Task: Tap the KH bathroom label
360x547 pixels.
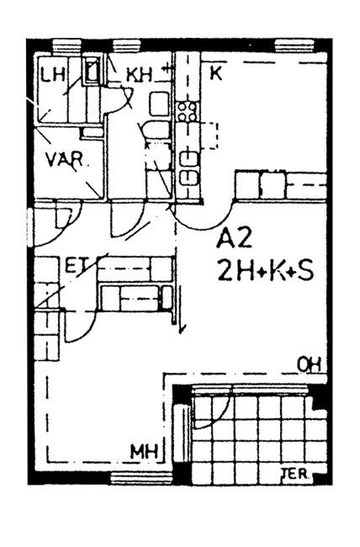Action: tap(139, 75)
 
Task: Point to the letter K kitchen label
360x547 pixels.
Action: tap(216, 73)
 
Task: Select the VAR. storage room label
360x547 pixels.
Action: tap(65, 159)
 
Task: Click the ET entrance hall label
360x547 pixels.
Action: tap(77, 265)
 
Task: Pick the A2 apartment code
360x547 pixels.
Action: tap(234, 239)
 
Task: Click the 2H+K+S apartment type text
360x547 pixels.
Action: tap(265, 272)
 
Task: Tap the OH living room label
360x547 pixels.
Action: tap(309, 365)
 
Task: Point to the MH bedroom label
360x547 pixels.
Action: tap(144, 452)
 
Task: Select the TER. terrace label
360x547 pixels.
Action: tap(295, 474)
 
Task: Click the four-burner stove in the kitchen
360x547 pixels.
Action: tap(188, 111)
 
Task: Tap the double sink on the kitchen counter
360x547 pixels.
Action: tap(188, 168)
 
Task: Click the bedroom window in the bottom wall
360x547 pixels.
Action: tap(141, 478)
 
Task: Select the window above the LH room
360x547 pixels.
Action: tap(67, 46)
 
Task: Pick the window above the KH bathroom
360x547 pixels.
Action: tap(127, 46)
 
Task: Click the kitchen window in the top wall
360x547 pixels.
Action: tap(294, 46)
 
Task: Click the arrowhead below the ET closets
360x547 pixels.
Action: tap(182, 329)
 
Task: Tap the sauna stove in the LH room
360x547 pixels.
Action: tap(92, 72)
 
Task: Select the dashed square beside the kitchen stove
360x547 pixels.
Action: tap(209, 135)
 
